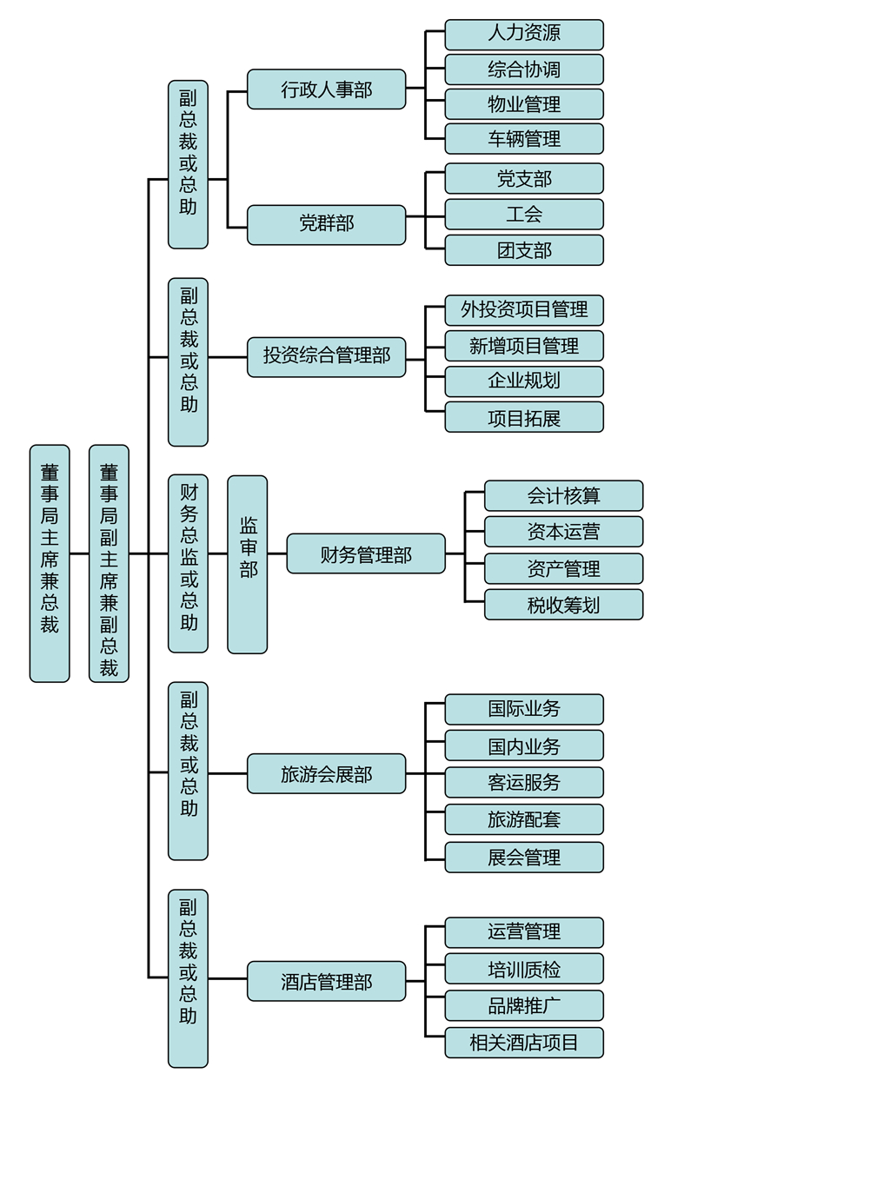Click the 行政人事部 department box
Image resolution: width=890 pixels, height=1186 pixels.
tap(326, 89)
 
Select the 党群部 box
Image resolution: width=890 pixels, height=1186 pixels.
tap(326, 224)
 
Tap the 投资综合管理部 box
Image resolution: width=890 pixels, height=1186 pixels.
tap(326, 356)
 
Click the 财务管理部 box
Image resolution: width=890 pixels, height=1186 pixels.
tap(365, 554)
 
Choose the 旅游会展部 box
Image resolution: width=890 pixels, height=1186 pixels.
tap(326, 773)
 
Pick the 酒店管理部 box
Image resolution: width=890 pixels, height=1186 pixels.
tap(326, 981)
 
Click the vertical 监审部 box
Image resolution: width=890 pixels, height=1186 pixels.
tap(248, 564)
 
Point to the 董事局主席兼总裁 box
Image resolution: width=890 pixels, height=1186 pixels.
tap(50, 563)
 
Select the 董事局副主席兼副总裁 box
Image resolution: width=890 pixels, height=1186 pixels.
tap(109, 563)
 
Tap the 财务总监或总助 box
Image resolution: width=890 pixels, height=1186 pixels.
tap(188, 563)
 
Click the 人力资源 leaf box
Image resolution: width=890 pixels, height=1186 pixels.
tap(524, 34)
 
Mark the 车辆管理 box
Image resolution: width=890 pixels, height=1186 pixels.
tap(524, 139)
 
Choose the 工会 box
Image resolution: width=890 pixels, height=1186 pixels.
tap(524, 214)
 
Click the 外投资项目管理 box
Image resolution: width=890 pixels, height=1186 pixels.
tap(524, 310)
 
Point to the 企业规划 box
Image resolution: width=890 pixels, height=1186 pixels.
tap(524, 381)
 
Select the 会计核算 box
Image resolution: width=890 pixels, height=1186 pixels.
tap(563, 496)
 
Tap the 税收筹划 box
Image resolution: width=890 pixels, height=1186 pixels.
tap(563, 605)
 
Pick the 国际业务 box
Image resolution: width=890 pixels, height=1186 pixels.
tap(524, 709)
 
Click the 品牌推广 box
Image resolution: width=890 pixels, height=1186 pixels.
tap(524, 1006)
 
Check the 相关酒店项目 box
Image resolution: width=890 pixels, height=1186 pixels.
tap(524, 1043)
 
